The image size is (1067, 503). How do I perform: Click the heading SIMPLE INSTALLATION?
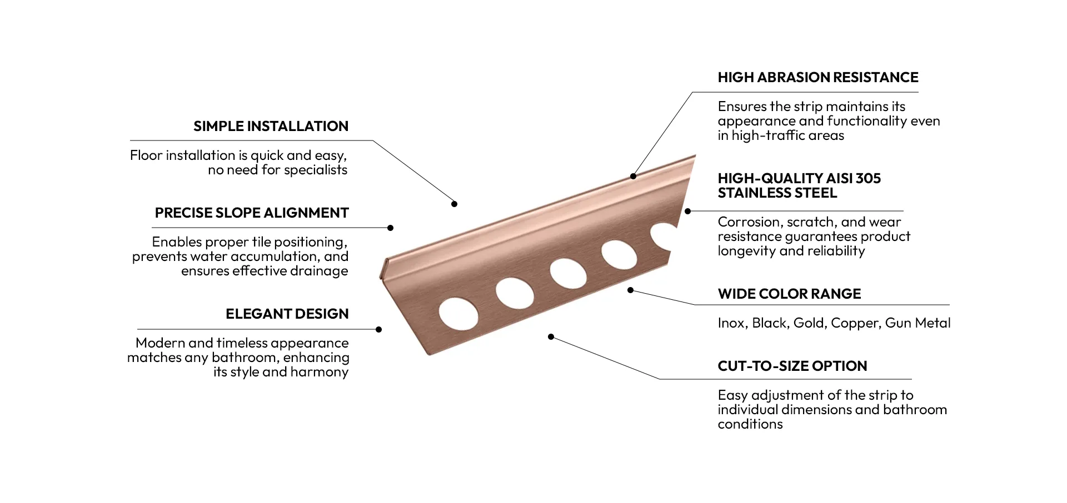[271, 127]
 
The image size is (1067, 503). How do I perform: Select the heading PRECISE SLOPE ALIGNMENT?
[252, 213]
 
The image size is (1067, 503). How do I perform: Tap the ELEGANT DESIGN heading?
[287, 314]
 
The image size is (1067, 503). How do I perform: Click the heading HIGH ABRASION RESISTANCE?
[817, 78]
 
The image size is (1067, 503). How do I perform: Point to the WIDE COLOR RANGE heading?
[789, 294]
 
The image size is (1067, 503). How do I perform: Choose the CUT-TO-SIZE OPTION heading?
[792, 366]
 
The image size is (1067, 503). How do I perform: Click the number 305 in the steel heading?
[868, 179]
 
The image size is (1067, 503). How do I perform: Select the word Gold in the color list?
[808, 323]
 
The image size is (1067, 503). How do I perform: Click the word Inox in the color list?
[731, 323]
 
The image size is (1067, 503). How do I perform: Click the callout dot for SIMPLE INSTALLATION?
[454, 204]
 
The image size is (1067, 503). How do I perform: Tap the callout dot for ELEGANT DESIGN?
[378, 329]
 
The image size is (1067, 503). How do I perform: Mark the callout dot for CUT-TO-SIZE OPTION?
[551, 337]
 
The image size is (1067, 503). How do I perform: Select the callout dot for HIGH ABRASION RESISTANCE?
[633, 176]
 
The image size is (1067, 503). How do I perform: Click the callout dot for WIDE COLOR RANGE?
[630, 290]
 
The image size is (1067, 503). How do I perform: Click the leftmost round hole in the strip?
[458, 314]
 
